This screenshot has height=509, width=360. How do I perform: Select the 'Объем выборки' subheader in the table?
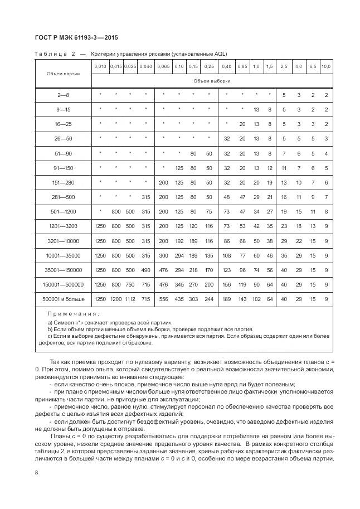tap(212, 81)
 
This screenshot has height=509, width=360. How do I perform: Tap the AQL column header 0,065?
tap(163, 67)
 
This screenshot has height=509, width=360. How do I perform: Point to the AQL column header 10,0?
tap(326, 67)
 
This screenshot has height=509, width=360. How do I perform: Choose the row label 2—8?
tap(63, 95)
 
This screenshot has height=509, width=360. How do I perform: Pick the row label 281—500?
tap(63, 197)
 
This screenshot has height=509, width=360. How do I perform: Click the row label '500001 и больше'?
tap(63, 299)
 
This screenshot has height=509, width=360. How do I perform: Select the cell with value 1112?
tap(130, 299)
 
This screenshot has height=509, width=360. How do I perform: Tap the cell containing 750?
tap(130, 285)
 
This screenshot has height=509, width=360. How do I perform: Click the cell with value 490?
tap(145, 270)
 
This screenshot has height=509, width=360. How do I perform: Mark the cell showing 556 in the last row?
tap(163, 299)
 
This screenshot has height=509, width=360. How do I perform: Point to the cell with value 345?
tap(179, 285)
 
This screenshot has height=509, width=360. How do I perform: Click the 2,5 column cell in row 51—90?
tap(284, 153)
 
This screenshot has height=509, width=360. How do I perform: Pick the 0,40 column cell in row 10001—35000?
tap(227, 256)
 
